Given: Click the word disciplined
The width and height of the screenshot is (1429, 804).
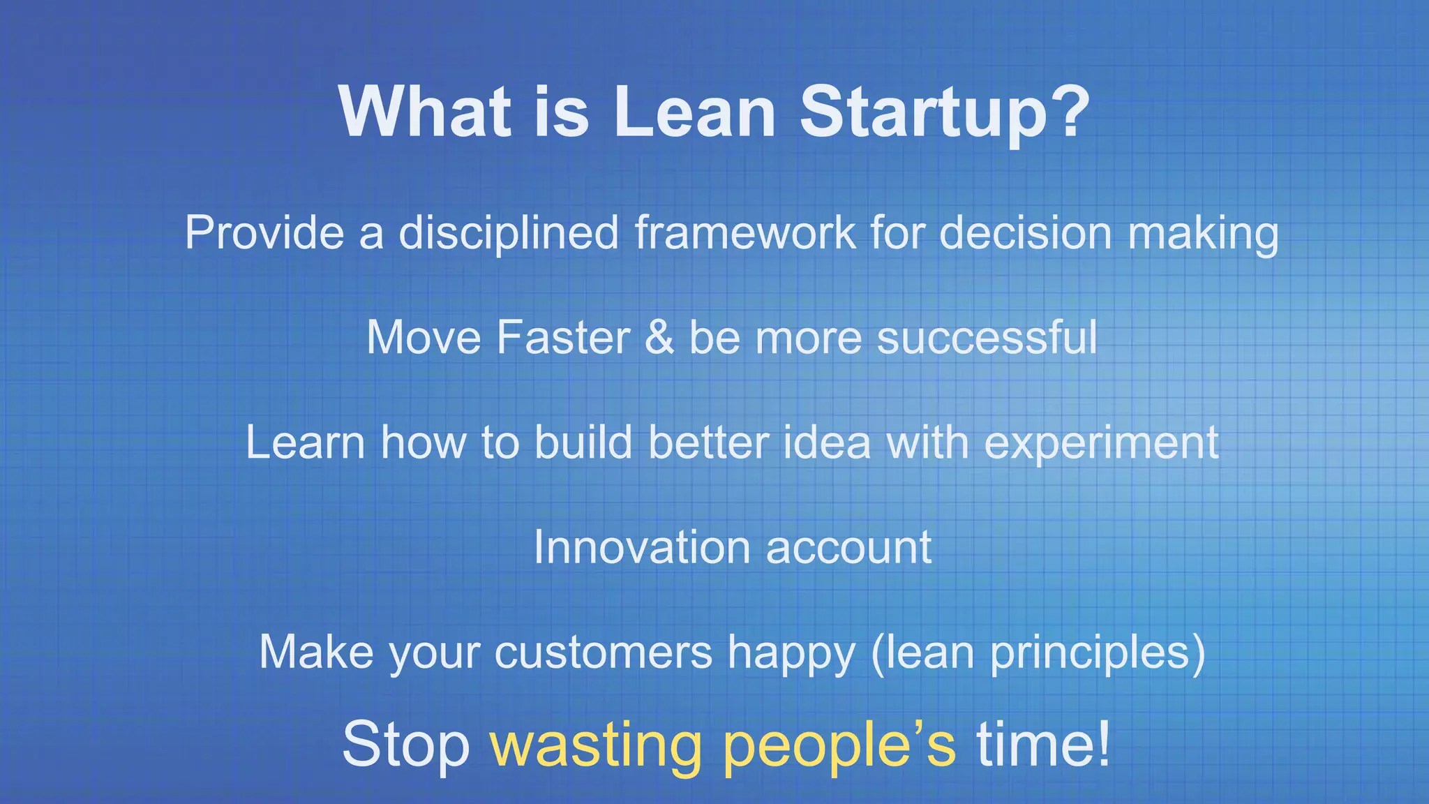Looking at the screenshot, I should (509, 233).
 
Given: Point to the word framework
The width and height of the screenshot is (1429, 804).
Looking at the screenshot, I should (745, 233).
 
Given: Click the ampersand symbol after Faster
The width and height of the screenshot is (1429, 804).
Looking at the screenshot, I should (659, 338).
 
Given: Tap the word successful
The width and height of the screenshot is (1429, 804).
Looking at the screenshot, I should (987, 338).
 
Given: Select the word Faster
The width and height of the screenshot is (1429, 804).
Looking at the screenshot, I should (563, 338).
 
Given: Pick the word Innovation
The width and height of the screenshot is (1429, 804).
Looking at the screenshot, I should (641, 547).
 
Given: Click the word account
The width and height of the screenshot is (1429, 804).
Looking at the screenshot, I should (848, 549).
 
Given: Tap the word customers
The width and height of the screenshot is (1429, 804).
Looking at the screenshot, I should (603, 653).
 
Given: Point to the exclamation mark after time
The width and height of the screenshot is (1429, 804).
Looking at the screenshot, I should (1102, 744).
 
